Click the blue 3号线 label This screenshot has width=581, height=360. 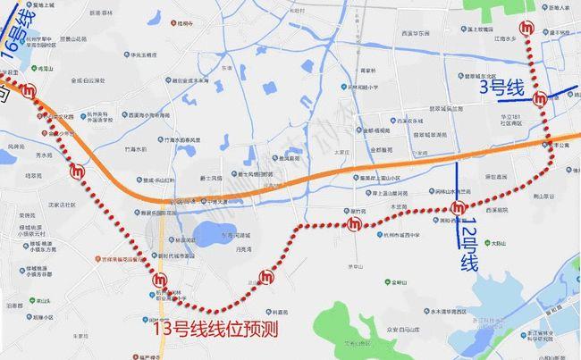click(x=501, y=88)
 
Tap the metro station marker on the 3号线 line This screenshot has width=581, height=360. click(x=540, y=98)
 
